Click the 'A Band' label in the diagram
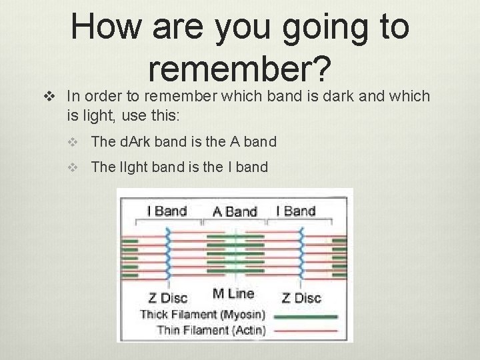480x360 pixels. click(235, 212)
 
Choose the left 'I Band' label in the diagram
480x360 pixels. click(166, 211)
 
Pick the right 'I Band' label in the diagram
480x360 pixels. click(295, 211)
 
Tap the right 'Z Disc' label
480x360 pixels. click(303, 297)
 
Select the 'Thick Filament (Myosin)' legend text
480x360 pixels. click(203, 314)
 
